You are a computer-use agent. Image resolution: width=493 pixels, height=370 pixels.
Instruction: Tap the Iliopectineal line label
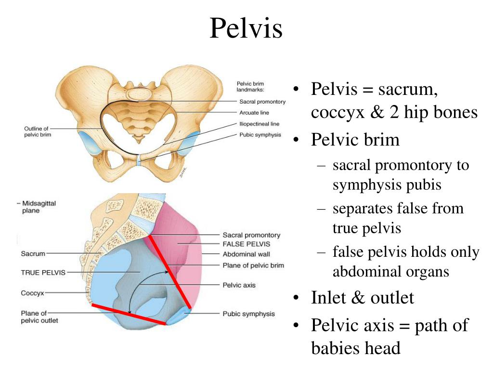pyautogui.click(x=259, y=124)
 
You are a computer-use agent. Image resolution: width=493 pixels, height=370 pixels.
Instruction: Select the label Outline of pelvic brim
pyautogui.click(x=38, y=132)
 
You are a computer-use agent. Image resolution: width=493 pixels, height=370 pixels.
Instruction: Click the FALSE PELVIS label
pyautogui.click(x=246, y=244)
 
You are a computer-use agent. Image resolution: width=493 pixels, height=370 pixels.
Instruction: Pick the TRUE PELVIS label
pyautogui.click(x=43, y=272)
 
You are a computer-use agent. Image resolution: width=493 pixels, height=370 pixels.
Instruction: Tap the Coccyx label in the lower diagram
pyautogui.click(x=32, y=292)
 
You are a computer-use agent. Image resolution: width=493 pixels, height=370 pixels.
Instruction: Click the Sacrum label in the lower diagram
pyautogui.click(x=33, y=253)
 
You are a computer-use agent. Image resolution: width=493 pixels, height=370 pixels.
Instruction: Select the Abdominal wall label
pyautogui.click(x=246, y=254)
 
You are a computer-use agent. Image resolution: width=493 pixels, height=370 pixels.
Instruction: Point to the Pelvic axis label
pyautogui.click(x=239, y=285)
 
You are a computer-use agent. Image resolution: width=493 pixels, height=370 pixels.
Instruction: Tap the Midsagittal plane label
pyautogui.click(x=39, y=207)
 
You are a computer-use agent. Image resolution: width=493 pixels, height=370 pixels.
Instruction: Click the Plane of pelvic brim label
pyautogui.click(x=253, y=265)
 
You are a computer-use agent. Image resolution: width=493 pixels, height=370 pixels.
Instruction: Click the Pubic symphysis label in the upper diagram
pyautogui.click(x=260, y=135)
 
